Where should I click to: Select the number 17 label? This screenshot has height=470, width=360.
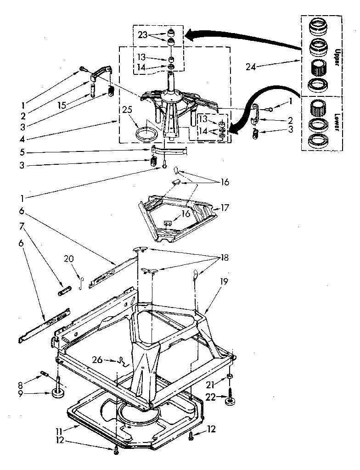click(x=224, y=207)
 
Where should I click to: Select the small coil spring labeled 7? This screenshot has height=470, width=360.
click(x=65, y=291)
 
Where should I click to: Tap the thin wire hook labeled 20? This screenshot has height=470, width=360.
click(x=81, y=282)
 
